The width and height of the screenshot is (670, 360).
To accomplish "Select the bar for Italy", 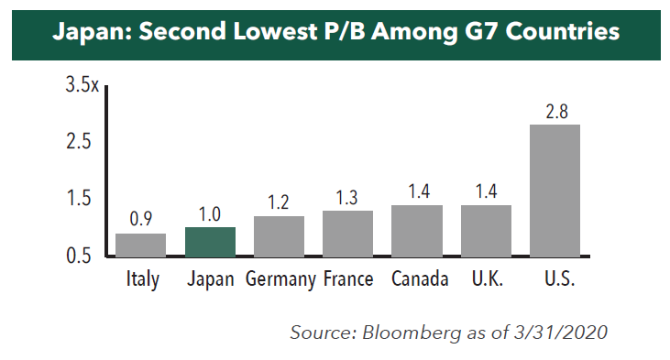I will click(x=140, y=245).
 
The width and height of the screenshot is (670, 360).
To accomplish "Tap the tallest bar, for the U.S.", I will click(x=555, y=190).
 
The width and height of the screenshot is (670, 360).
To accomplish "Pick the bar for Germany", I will click(x=279, y=235).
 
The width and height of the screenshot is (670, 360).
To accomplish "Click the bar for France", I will click(x=347, y=233).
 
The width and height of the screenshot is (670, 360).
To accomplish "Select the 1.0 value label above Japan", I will click(x=210, y=214).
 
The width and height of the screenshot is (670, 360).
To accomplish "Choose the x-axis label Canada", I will click(x=419, y=279).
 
